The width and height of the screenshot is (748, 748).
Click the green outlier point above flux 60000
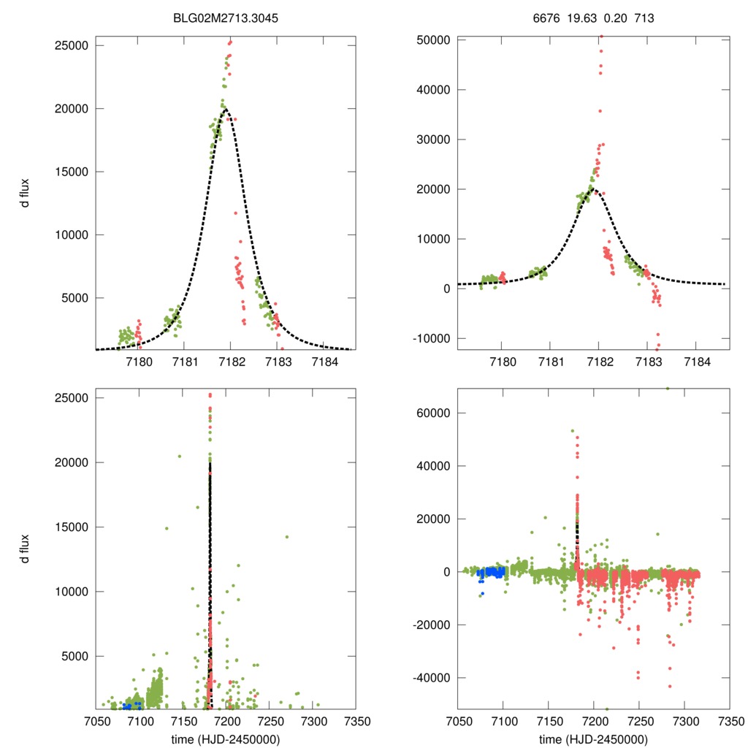[x=667, y=388]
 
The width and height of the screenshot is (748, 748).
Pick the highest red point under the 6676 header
[x=601, y=37]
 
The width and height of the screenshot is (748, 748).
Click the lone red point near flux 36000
[x=600, y=111]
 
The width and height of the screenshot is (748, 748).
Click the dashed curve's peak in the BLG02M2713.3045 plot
[x=225, y=109]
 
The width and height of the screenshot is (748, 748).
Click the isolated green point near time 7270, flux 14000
[x=287, y=537]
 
